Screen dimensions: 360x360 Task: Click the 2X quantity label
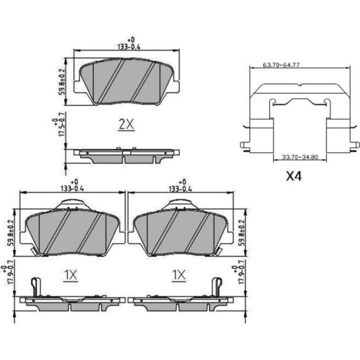(126, 124)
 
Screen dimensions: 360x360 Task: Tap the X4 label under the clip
(294, 176)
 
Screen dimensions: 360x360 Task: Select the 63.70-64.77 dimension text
(281, 65)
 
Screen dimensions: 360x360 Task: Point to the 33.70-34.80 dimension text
(300, 157)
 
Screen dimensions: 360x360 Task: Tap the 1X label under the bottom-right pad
(179, 275)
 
